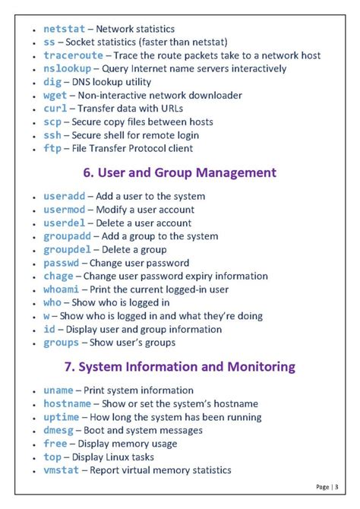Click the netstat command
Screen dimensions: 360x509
tap(64, 28)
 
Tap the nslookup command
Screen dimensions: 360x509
tap(67, 68)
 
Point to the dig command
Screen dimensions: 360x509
tap(53, 82)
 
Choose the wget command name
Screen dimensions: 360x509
tap(56, 95)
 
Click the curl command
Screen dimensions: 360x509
tap(56, 109)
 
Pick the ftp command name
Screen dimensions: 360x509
tap(53, 148)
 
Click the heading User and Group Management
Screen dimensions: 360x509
tap(180, 173)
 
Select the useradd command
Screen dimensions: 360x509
tap(64, 196)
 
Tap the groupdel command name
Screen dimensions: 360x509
tap(67, 249)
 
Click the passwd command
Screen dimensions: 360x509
tap(61, 263)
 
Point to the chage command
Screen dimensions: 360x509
tap(58, 276)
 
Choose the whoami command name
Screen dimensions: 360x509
tap(61, 289)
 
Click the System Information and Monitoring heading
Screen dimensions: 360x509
tap(179, 367)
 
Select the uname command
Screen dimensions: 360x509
tap(58, 390)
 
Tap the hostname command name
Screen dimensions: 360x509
tap(67, 403)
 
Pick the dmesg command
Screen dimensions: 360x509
tap(58, 430)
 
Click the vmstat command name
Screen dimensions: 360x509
tap(61, 470)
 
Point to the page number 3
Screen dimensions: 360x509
tap(336, 486)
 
